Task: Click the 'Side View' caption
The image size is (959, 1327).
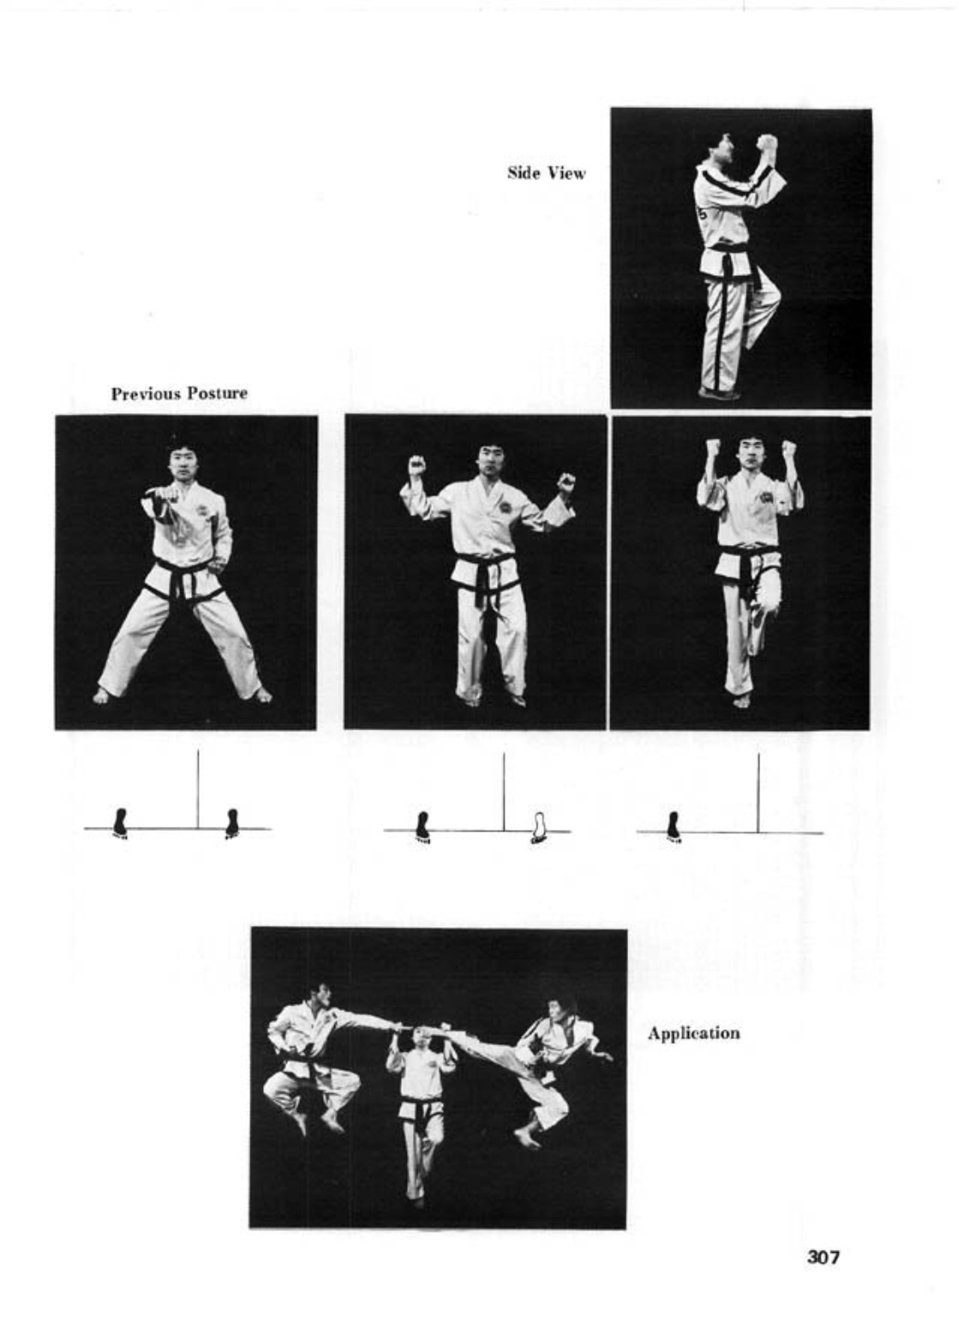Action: pyautogui.click(x=546, y=173)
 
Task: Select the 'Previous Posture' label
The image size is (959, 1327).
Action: pyautogui.click(x=179, y=393)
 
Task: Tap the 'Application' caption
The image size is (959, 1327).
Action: pyautogui.click(x=693, y=1033)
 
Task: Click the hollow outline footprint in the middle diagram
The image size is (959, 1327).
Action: pyautogui.click(x=539, y=826)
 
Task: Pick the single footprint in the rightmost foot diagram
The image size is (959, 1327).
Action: pyautogui.click(x=674, y=826)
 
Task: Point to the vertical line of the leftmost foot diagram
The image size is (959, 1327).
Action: pyautogui.click(x=198, y=790)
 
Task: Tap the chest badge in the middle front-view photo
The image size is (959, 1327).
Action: pyautogui.click(x=506, y=507)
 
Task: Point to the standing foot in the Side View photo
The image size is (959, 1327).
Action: pyautogui.click(x=717, y=393)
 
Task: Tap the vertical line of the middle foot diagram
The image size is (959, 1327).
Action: pyautogui.click(x=504, y=791)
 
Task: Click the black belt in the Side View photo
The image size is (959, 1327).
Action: pyautogui.click(x=726, y=255)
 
